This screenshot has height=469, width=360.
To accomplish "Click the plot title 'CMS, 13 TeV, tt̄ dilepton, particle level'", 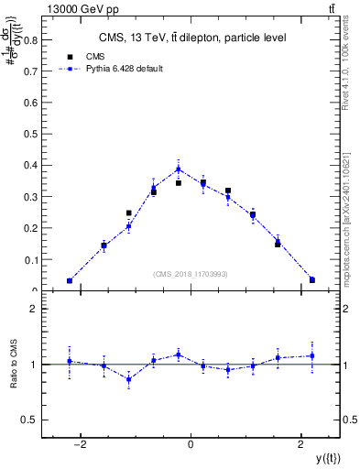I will tap(191, 38).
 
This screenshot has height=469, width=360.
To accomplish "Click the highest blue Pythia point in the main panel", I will tap(179, 169).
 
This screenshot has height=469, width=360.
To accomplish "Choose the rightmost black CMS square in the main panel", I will tap(312, 279).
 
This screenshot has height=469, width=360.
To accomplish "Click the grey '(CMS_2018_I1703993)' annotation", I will tap(191, 275).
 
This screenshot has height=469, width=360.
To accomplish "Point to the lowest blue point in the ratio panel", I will tap(129, 378).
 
